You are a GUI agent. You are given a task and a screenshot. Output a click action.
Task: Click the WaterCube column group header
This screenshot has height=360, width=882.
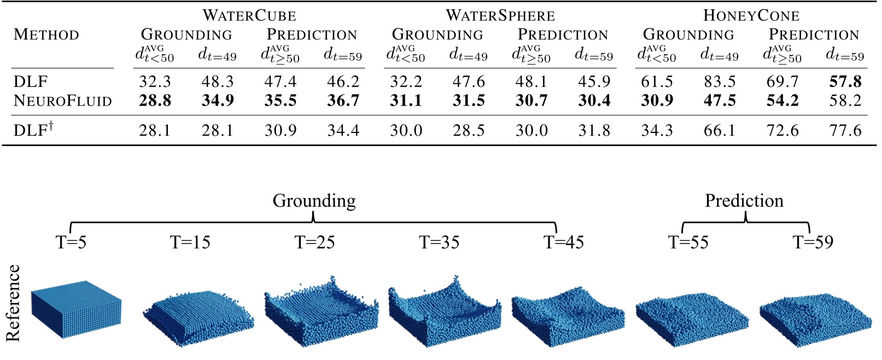(249, 15)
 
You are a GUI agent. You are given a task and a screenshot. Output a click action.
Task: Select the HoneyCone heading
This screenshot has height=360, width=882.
(751, 15)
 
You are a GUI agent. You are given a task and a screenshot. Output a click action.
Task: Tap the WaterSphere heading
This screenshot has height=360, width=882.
(500, 15)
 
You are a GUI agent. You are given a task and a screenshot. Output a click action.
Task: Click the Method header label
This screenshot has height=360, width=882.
(46, 34)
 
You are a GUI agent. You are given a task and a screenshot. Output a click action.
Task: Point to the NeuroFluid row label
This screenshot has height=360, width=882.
(62, 101)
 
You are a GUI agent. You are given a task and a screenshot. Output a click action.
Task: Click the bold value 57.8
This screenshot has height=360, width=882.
(845, 82)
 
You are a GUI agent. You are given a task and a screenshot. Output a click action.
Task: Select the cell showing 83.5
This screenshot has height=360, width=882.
(720, 82)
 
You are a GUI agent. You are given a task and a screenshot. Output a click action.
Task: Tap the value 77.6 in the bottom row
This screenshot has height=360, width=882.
(845, 130)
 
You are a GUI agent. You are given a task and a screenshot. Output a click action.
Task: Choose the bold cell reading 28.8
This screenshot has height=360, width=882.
(155, 101)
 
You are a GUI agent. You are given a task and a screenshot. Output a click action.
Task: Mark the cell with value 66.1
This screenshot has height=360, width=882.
(720, 130)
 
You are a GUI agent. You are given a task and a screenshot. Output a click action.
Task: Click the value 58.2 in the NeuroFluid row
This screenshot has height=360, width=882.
(845, 101)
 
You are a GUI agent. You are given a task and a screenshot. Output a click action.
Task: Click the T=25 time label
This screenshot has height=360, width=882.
(314, 242)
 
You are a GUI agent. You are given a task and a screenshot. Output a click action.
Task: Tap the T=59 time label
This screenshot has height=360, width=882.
(813, 242)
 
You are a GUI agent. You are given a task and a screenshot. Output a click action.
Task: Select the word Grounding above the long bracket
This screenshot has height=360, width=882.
(314, 201)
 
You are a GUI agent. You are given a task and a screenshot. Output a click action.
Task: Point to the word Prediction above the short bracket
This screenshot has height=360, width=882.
(744, 201)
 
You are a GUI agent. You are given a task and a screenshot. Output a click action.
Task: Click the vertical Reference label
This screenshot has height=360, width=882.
(13, 303)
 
